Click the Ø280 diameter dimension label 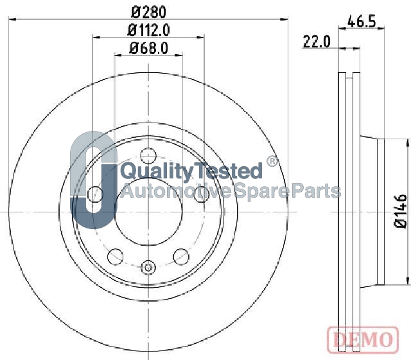(x=148, y=12)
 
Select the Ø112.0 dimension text (x=148, y=30)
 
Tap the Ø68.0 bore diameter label (x=148, y=48)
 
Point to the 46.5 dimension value (x=362, y=21)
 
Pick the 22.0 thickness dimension (x=317, y=42)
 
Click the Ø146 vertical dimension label (x=400, y=211)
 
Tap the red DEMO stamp (x=363, y=339)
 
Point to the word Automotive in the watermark (x=177, y=191)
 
